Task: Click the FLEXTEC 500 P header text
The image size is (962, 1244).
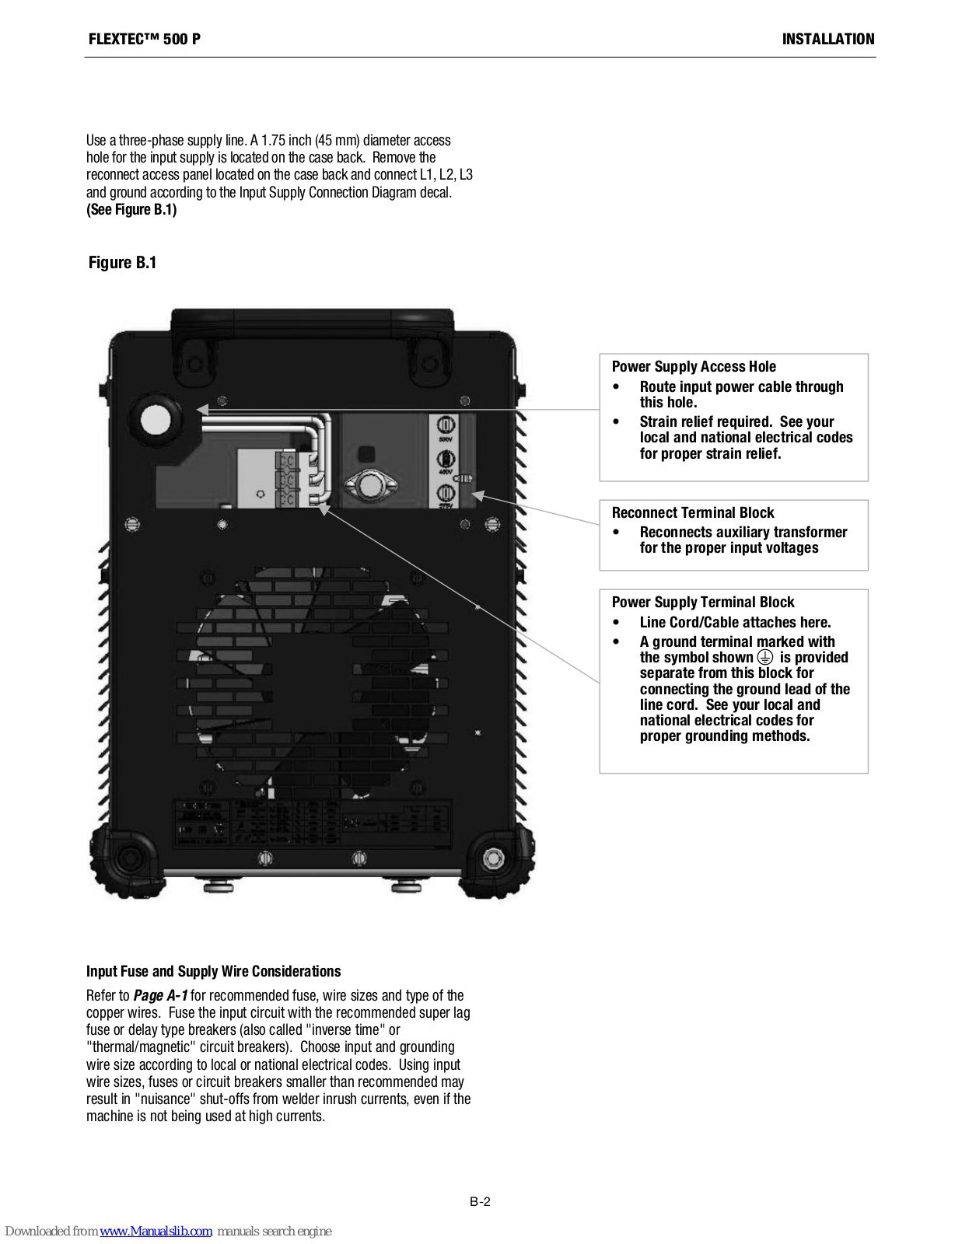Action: [145, 39]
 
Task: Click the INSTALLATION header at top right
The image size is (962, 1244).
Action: [827, 39]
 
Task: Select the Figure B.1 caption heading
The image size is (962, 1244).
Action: [122, 263]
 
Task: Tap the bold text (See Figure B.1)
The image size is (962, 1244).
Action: [131, 210]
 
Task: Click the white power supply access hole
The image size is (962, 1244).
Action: [156, 420]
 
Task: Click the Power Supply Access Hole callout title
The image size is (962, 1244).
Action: [694, 367]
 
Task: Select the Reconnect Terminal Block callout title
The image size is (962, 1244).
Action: [693, 513]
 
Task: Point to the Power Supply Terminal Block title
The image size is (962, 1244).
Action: [703, 603]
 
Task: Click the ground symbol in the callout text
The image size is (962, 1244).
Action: [765, 657]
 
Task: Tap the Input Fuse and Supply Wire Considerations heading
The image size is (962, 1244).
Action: [213, 971]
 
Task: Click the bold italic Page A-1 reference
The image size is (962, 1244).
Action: [160, 995]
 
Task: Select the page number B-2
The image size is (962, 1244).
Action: [480, 1201]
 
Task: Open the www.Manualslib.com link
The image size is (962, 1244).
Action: [156, 1231]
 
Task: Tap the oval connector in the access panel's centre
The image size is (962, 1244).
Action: [371, 487]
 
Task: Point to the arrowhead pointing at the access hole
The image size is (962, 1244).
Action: [203, 409]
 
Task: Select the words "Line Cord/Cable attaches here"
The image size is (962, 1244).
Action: [735, 623]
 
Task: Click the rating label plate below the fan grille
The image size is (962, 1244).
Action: [311, 823]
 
